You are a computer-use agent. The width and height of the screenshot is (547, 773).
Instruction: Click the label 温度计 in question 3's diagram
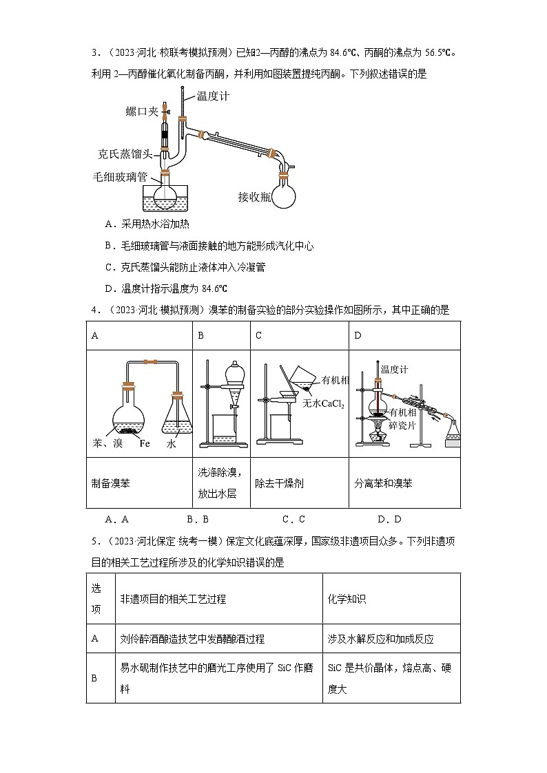pyautogui.click(x=213, y=96)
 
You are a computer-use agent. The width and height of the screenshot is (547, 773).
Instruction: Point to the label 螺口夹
pyautogui.click(x=141, y=112)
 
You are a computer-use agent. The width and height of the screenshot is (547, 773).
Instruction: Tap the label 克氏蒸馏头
pyautogui.click(x=125, y=155)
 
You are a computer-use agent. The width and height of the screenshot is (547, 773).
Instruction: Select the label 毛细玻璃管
pyautogui.click(x=125, y=177)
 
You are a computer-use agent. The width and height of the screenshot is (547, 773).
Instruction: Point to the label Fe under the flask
pyautogui.click(x=145, y=444)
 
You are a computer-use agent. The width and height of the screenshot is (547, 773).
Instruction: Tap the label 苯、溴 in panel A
pyautogui.click(x=107, y=444)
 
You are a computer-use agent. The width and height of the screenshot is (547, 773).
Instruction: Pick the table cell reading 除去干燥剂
pyautogui.click(x=279, y=483)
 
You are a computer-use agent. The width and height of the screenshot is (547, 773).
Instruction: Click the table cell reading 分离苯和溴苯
pyautogui.click(x=383, y=483)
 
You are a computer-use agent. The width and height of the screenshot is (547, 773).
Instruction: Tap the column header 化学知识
pyautogui.click(x=347, y=599)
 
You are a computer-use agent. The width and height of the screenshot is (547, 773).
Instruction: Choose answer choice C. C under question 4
pyautogui.click(x=293, y=519)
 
